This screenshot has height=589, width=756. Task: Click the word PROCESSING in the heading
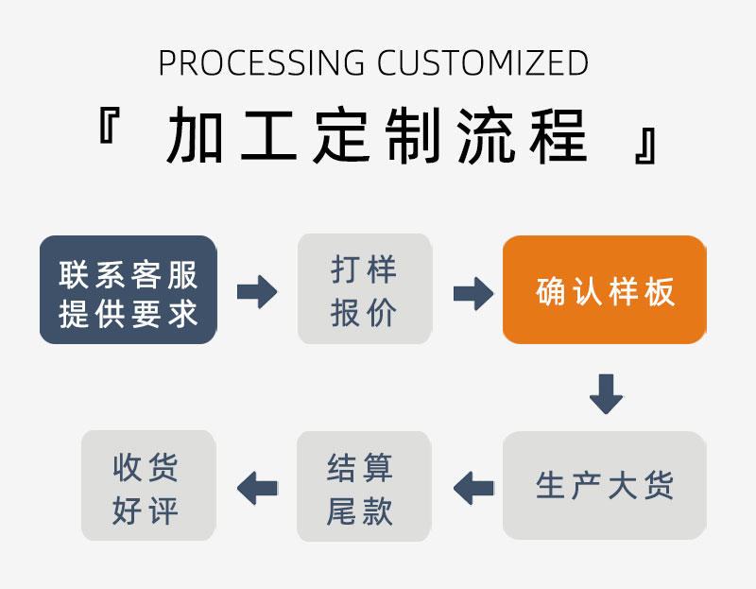(261, 63)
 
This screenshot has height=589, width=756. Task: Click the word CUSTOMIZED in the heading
(483, 63)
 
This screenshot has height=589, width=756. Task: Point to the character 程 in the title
(559, 136)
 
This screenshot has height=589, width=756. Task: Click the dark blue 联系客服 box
(129, 289)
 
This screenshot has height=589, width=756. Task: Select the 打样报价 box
(364, 289)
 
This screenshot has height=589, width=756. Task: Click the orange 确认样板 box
(605, 289)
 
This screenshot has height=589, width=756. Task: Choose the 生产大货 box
(605, 485)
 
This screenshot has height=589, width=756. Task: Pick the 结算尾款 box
(364, 487)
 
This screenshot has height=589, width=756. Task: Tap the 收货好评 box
(148, 486)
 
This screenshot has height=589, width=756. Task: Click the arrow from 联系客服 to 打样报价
(257, 291)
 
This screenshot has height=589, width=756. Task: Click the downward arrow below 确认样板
(606, 393)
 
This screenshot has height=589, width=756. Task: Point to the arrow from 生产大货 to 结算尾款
(473, 488)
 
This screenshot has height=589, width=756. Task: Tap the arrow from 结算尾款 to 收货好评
(257, 488)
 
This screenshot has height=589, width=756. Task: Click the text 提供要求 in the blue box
(129, 313)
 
